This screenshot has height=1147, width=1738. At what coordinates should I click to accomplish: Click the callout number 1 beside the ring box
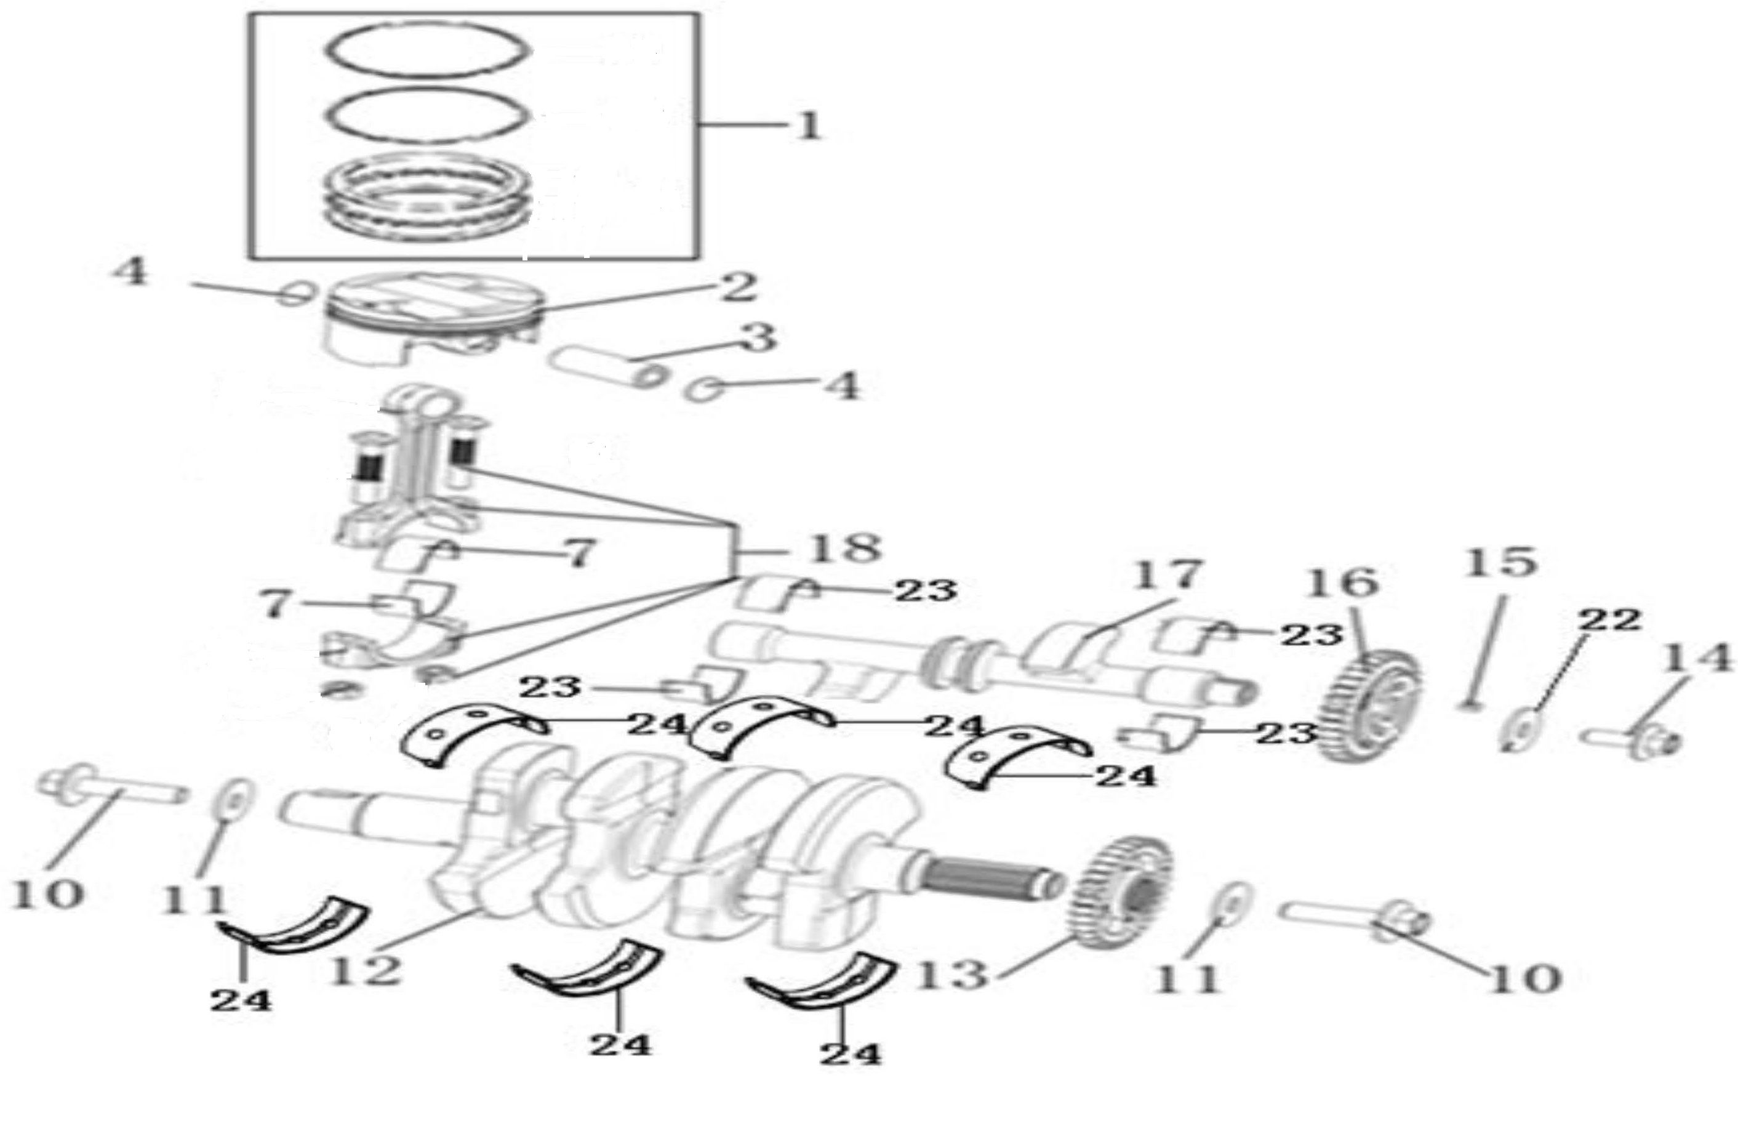tap(808, 127)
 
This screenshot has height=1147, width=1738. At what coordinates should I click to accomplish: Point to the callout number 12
tap(364, 969)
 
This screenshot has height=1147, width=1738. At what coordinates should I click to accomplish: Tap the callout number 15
tap(1500, 561)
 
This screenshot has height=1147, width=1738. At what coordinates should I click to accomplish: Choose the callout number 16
tap(1342, 584)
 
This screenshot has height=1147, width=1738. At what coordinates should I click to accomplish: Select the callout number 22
tap(1609, 621)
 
